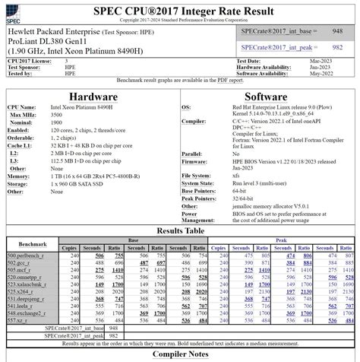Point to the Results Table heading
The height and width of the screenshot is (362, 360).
point(179,230)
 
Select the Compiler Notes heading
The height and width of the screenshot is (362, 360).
point(179,354)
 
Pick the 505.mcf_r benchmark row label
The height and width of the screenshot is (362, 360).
point(22,269)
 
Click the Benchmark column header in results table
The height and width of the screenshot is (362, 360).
point(32,243)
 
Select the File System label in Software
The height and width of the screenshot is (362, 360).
point(197,175)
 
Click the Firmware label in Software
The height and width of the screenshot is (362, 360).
point(195,161)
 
